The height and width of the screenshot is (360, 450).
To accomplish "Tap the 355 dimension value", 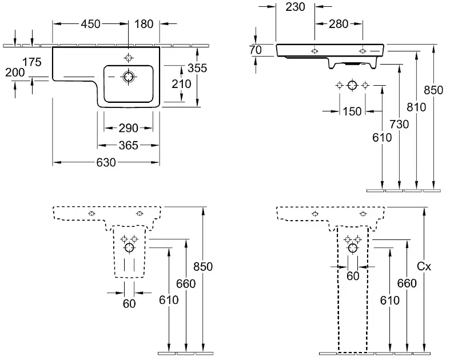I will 197,67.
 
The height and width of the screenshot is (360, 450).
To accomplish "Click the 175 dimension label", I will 33,62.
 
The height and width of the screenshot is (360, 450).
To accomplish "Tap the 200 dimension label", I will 15,73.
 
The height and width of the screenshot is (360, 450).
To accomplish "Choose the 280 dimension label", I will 339,24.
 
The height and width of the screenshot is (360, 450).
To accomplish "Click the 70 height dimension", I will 256,50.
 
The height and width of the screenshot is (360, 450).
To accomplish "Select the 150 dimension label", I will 352,111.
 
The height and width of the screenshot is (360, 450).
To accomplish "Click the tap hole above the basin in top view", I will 129,58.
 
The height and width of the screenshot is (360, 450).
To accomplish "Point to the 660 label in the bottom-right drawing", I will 407,284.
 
